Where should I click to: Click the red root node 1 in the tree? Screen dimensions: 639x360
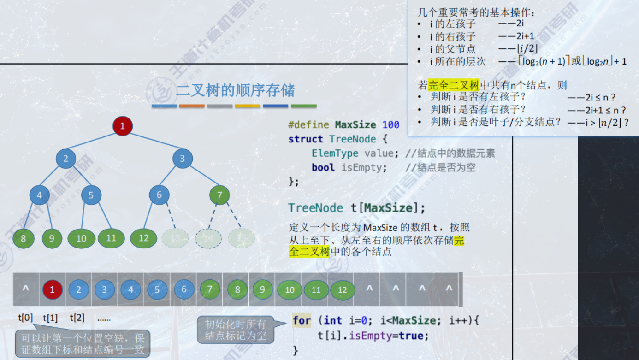122,126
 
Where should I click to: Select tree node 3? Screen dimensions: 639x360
182,159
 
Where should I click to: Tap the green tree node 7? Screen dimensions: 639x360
219,195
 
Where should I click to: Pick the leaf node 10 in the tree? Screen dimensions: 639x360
81,238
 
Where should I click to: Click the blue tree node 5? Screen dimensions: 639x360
91,195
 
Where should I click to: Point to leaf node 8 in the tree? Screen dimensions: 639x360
24,238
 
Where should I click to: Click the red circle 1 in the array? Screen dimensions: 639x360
52,290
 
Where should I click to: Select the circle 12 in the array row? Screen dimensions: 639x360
342,290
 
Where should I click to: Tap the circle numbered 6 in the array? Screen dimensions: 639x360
184,289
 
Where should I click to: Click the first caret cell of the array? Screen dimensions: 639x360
26,289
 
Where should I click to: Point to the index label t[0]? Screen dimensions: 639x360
25,318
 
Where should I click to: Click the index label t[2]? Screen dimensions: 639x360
77,318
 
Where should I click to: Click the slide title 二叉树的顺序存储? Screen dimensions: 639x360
235,90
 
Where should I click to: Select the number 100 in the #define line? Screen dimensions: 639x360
390,125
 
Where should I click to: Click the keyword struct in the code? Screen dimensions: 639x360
305,139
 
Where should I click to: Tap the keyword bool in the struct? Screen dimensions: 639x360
323,168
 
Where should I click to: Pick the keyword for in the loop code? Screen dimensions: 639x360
302,320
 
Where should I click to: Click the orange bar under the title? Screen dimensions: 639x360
192,106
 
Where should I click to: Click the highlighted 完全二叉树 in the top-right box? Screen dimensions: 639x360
454,85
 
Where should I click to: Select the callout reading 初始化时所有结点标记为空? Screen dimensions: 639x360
235,330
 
